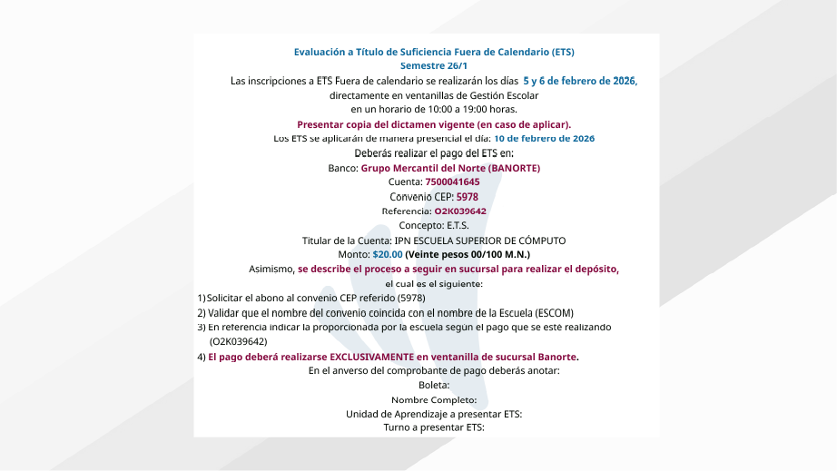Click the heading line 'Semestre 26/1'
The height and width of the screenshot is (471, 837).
pos(434,66)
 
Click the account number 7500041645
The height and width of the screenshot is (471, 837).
pos(452,182)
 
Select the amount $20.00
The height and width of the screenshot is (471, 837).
pos(388,255)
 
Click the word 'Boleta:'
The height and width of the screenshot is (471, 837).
pos(434,386)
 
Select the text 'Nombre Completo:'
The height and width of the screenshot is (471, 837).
pos(434,400)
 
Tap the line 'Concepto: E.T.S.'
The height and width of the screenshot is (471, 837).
pos(434,226)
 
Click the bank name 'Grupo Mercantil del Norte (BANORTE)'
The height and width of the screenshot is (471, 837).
pos(450,168)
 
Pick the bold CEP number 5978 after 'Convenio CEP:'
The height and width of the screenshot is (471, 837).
pos(468,197)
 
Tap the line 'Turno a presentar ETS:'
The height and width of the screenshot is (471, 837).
pos(434,427)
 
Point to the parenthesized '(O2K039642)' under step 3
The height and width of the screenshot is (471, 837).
pos(238,342)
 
